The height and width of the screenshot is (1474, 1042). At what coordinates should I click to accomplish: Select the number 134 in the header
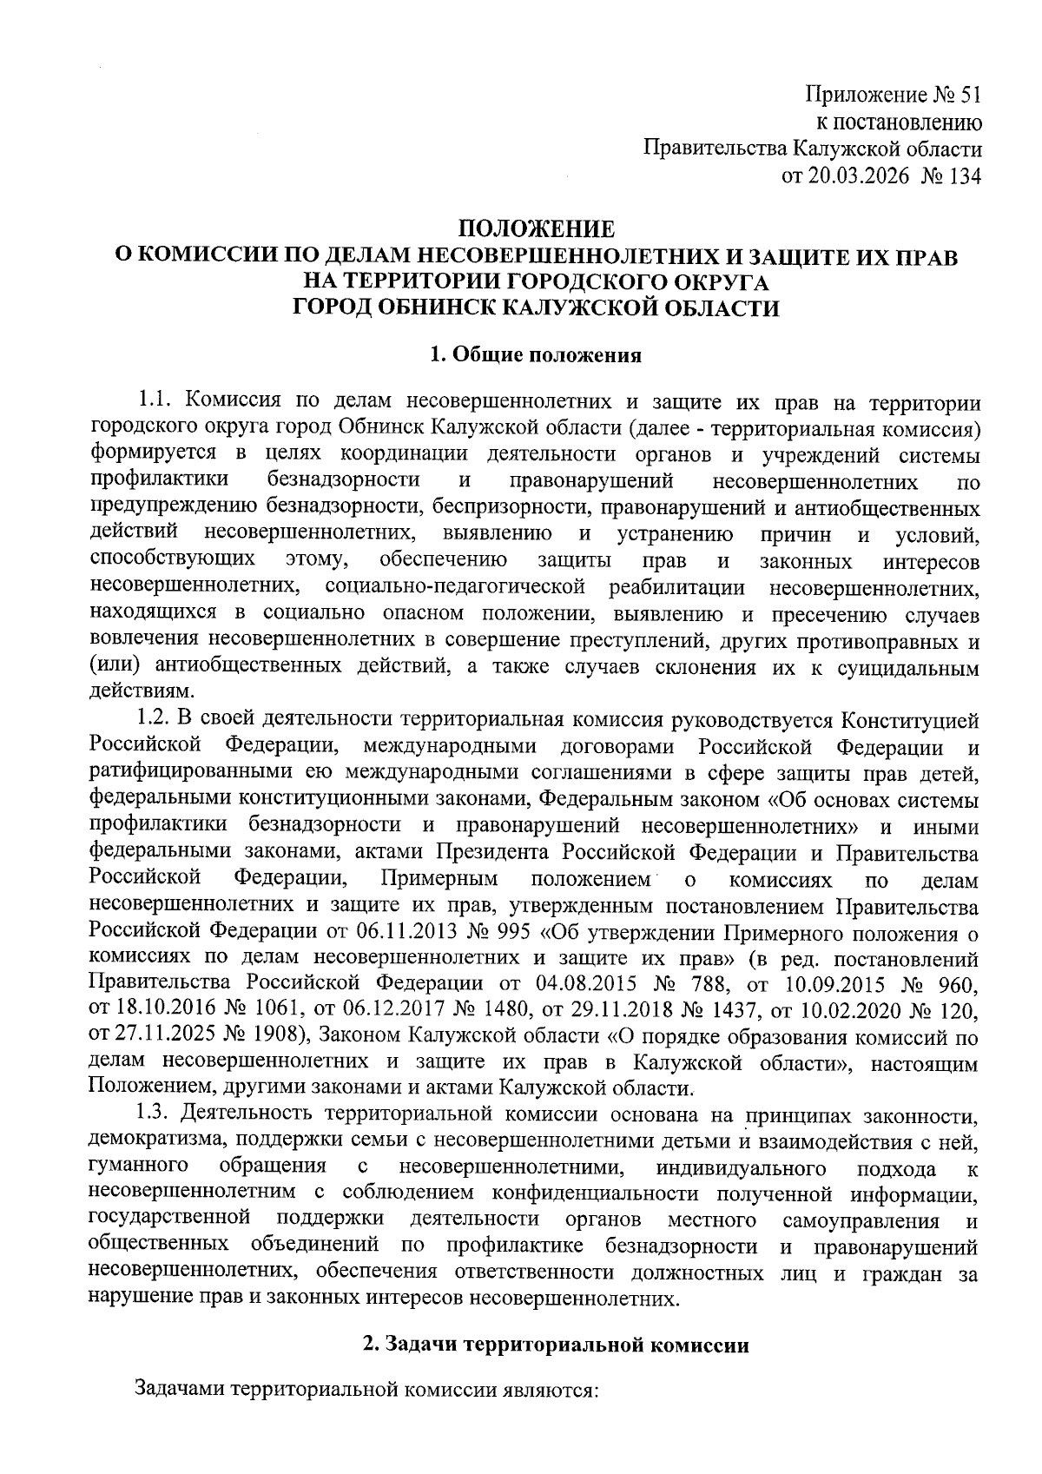click(x=965, y=176)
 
